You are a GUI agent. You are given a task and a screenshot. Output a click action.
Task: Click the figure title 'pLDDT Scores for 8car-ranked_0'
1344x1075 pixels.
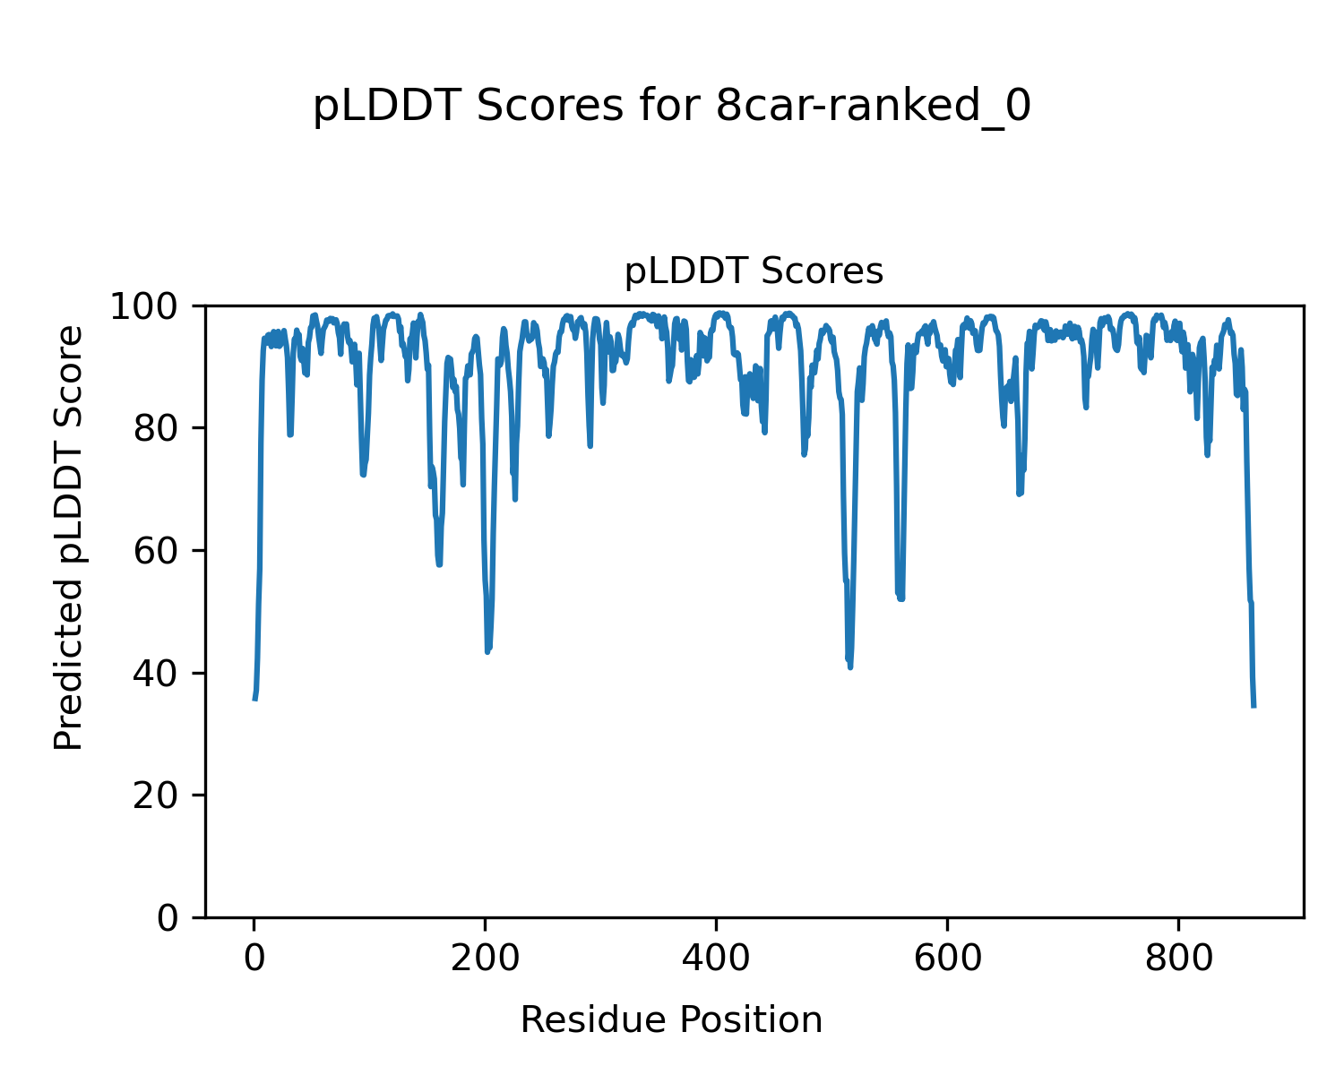click(671, 107)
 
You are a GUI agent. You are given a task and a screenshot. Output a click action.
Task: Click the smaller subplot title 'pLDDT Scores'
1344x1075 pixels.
click(754, 271)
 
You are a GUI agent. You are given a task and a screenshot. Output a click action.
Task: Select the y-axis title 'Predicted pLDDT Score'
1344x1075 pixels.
click(69, 537)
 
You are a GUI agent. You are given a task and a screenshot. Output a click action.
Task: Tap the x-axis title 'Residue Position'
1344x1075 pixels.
click(671, 1020)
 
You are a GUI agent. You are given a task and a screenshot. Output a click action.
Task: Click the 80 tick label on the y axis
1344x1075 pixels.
click(159, 429)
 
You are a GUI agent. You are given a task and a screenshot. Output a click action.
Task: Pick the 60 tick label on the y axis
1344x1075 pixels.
click(159, 552)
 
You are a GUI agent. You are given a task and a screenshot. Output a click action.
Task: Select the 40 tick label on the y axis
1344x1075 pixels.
click(159, 674)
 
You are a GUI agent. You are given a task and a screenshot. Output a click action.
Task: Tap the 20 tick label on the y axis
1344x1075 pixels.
click(159, 796)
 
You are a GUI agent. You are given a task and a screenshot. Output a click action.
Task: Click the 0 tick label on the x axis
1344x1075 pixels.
click(254, 958)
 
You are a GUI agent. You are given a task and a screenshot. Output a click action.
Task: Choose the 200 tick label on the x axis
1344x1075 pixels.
click(485, 958)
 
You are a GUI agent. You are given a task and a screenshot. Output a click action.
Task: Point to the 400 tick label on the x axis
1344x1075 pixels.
click(715, 958)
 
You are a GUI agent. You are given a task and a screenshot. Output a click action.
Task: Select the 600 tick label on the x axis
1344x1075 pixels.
click(946, 958)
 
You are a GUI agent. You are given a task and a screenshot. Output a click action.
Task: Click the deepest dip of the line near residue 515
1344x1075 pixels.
click(849, 666)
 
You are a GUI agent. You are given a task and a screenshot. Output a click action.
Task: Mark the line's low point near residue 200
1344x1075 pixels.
click(487, 651)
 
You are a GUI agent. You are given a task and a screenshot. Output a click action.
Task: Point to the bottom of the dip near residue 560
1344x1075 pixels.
click(900, 598)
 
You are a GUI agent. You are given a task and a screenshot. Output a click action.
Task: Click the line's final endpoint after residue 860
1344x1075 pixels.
click(1254, 706)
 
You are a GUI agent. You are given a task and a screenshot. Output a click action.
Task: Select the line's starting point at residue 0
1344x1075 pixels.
click(254, 700)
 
